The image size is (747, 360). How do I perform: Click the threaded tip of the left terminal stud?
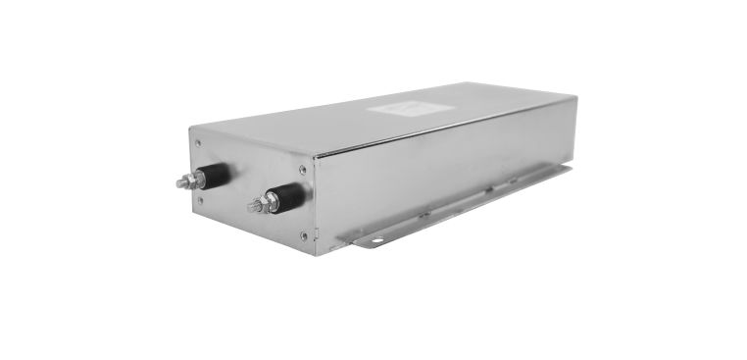[x=180, y=183]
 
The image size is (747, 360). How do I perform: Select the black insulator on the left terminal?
[x=217, y=175]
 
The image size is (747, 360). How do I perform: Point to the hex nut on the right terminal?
[x=266, y=203]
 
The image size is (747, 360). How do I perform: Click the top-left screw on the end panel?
[x=201, y=143]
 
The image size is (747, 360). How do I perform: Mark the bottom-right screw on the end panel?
[x=303, y=234]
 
